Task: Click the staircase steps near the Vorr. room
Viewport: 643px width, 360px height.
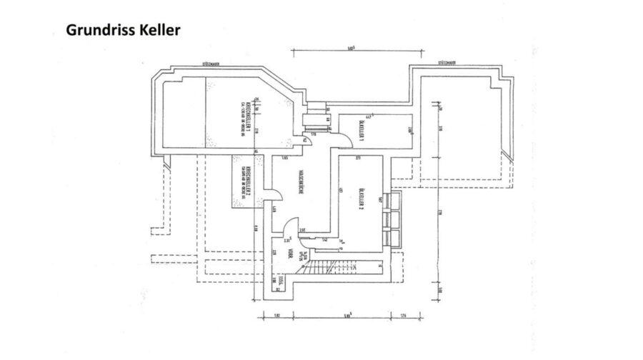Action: coord(315,270)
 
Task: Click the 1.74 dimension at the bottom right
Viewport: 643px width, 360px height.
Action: coord(403,315)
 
